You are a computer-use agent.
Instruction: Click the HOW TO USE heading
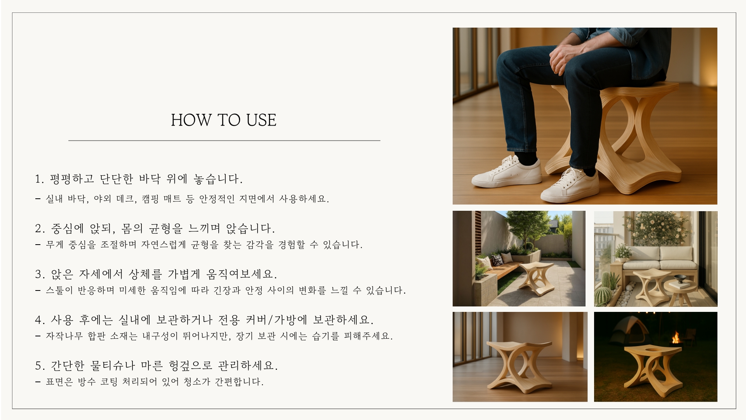pyautogui.click(x=224, y=120)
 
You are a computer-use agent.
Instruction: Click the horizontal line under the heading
pyautogui.click(x=224, y=140)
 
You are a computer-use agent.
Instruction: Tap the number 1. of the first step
pyautogui.click(x=39, y=179)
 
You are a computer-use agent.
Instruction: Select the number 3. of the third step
pyautogui.click(x=40, y=275)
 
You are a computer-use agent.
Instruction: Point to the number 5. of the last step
pyautogui.click(x=40, y=366)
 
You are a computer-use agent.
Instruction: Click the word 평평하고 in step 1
pyautogui.click(x=72, y=179)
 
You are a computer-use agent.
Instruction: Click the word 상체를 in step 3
pyautogui.click(x=145, y=274)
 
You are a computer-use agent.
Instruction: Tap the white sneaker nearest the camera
pyautogui.click(x=570, y=186)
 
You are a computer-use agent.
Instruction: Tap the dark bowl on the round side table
pyautogui.click(x=680, y=278)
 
